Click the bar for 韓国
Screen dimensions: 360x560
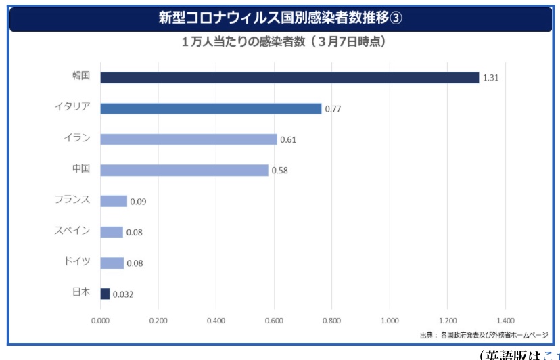click(x=289, y=78)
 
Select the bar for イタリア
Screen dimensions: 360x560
click(x=211, y=108)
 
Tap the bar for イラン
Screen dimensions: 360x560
click(x=189, y=139)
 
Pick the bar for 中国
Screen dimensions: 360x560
click(x=185, y=170)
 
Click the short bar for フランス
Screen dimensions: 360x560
click(x=114, y=201)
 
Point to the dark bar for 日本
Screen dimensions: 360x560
click(x=105, y=294)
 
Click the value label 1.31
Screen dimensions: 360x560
click(x=490, y=78)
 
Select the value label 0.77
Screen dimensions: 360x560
click(x=333, y=109)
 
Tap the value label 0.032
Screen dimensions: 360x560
click(x=123, y=294)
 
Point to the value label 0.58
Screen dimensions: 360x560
click(x=279, y=171)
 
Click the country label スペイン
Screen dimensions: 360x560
click(x=72, y=231)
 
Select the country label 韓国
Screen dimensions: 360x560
click(x=80, y=76)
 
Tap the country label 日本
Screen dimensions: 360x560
click(x=80, y=293)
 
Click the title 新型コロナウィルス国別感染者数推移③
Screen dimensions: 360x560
click(x=280, y=18)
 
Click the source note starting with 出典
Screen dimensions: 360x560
click(x=484, y=335)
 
